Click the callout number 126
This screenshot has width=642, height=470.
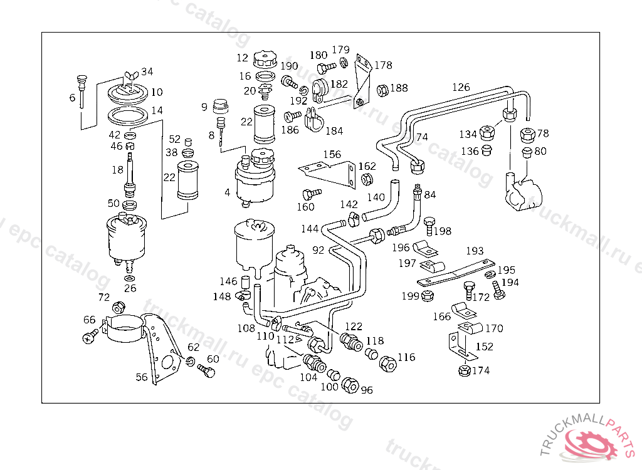coord(461,87)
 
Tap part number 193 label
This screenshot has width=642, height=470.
coord(475,251)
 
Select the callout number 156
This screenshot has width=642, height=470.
coord(332,154)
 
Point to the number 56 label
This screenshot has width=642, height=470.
coord(142,377)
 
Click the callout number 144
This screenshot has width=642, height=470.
coord(309,229)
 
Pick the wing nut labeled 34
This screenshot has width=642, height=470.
coord(131,76)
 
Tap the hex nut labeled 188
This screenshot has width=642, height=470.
coord(382,90)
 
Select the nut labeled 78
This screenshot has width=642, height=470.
coord(527,134)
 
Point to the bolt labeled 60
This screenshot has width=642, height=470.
coord(206,370)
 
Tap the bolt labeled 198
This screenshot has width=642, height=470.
coord(429,224)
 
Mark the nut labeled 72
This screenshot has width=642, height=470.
coord(118,307)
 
